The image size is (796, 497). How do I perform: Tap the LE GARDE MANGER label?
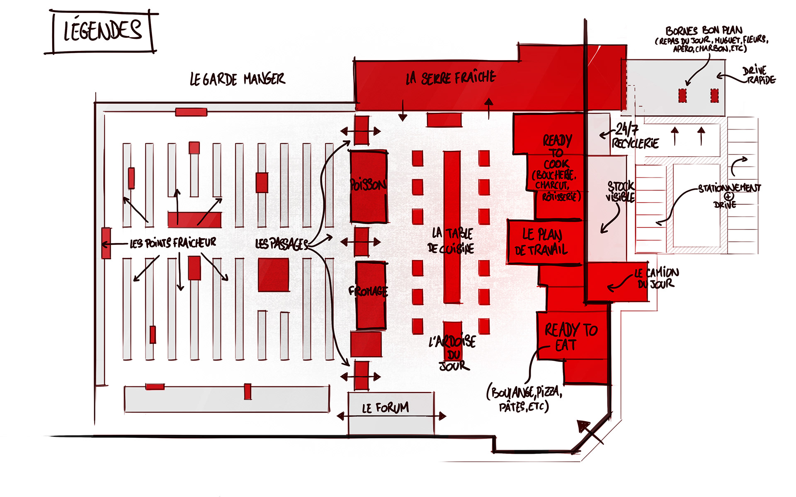click(237, 79)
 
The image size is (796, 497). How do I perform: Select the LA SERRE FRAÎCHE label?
click(451, 78)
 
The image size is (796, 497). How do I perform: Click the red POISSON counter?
click(369, 186)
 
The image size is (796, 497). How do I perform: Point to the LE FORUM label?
click(386, 408)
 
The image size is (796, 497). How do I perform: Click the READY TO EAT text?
click(570, 337)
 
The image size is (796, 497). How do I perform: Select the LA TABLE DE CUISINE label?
click(451, 241)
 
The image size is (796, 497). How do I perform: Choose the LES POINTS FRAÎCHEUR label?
click(173, 243)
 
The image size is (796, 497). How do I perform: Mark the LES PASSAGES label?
click(282, 244)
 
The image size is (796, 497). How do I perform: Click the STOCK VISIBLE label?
click(620, 191)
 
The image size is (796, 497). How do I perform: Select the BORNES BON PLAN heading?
click(704, 31)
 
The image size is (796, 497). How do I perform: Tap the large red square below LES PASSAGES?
click(274, 275)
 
